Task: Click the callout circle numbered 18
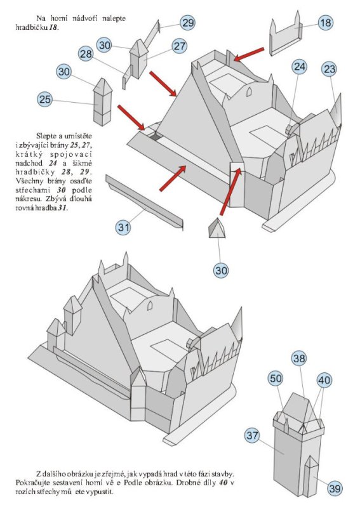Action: point(326,23)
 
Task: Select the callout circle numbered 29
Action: point(187,23)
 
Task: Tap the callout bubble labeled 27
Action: point(180,46)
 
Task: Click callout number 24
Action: point(300,66)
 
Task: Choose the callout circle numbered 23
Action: point(329,69)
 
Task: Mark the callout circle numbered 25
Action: point(44,100)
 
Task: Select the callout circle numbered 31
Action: point(125,226)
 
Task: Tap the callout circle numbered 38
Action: point(299,358)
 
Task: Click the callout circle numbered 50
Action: point(275,379)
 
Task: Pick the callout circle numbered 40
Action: point(324,380)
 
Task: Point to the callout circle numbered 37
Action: point(253,435)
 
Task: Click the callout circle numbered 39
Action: point(335,488)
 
